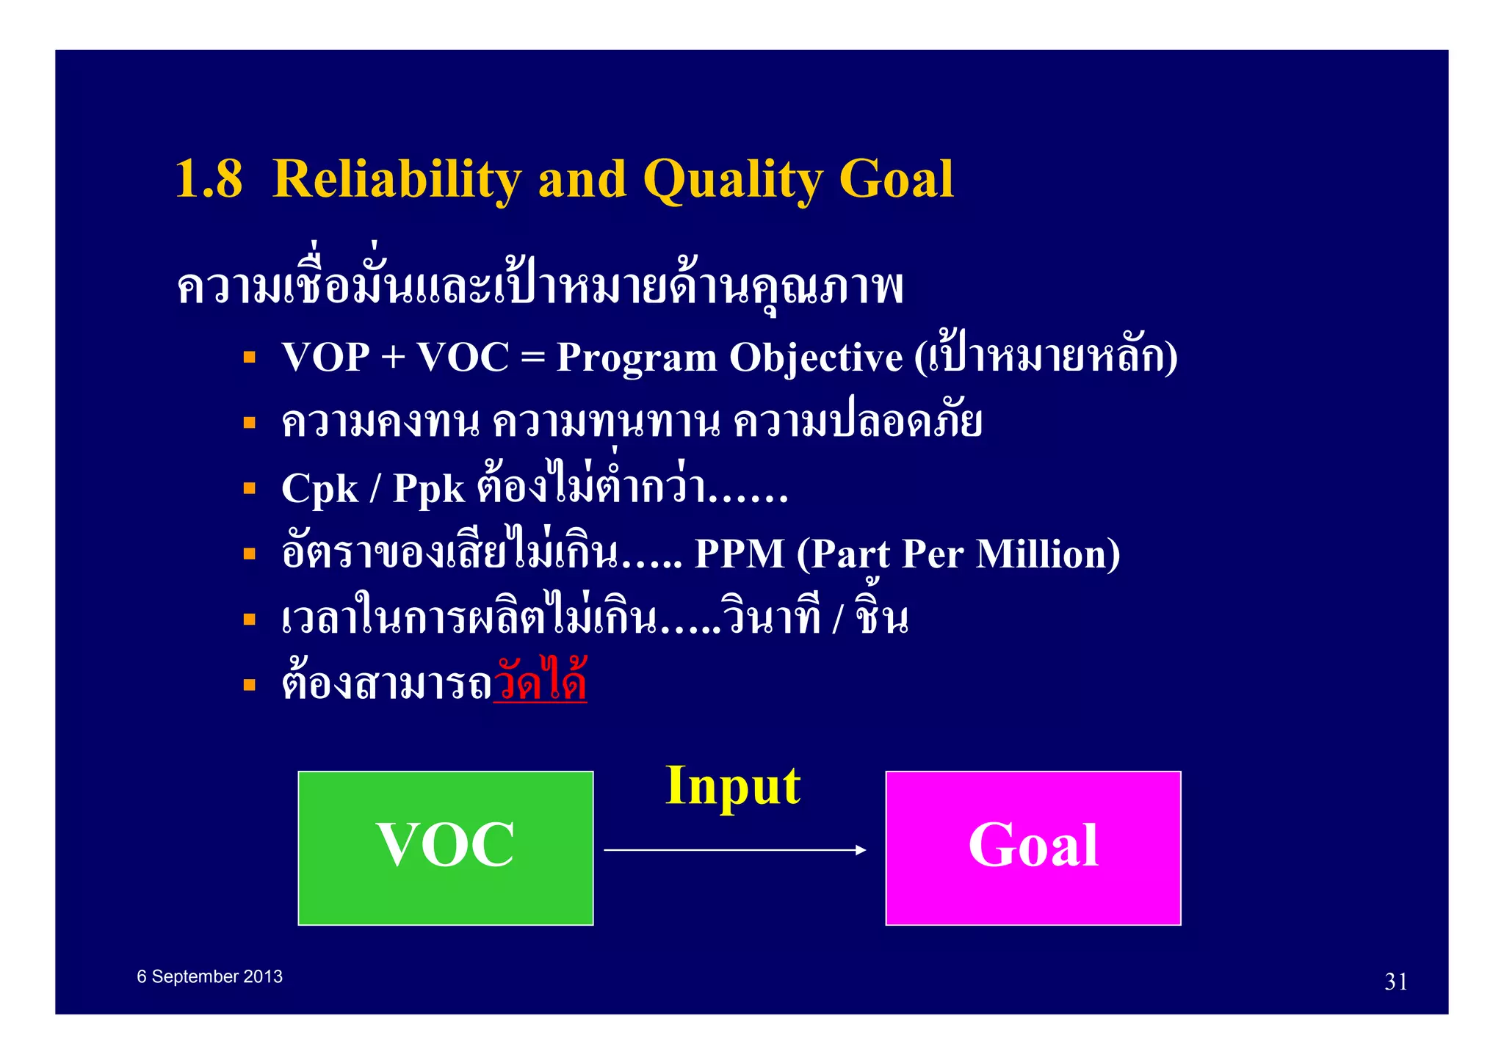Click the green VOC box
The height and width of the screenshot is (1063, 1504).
[445, 848]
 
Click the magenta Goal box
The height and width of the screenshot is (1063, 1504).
[1033, 848]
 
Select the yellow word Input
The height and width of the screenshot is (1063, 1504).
[732, 786]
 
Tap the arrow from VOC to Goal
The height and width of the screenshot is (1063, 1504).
[734, 850]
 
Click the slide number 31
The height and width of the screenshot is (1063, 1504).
[1396, 982]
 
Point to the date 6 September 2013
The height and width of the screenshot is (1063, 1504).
[209, 976]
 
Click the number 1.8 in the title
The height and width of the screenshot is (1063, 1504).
[209, 179]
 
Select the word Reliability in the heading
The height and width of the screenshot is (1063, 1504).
[397, 179]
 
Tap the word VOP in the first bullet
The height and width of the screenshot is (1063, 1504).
[325, 358]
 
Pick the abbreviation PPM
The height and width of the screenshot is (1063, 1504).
[739, 554]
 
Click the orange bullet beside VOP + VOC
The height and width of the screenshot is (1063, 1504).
[250, 358]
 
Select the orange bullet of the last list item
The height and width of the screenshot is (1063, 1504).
[250, 686]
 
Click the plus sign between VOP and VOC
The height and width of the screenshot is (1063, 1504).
[393, 358]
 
